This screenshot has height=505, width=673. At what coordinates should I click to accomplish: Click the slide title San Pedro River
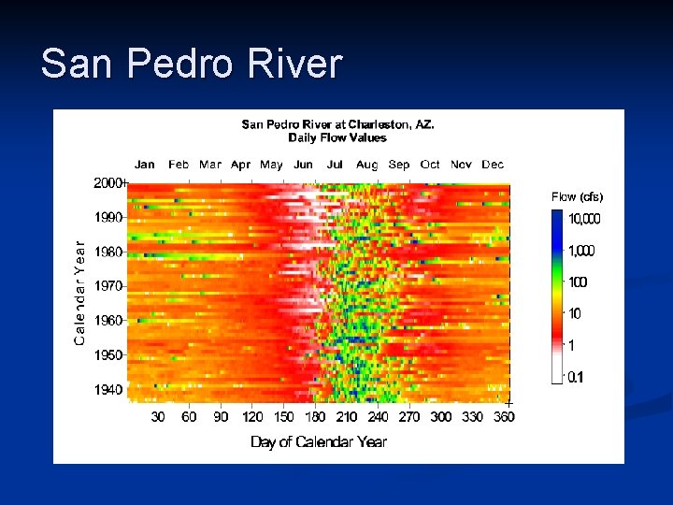click(x=192, y=65)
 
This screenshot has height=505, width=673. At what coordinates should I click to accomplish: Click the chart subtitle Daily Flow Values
click(x=337, y=137)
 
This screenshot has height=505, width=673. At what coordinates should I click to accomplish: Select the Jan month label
click(x=145, y=165)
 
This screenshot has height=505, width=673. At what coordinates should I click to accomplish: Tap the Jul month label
click(x=335, y=165)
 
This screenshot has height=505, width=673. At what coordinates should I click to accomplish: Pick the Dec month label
click(x=493, y=165)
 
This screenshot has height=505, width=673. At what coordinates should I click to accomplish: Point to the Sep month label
click(x=398, y=165)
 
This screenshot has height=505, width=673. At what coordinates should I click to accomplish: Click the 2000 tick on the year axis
click(x=108, y=183)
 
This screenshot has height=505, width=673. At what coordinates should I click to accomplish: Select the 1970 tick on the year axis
click(x=108, y=285)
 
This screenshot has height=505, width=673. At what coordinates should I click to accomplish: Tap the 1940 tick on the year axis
click(x=108, y=389)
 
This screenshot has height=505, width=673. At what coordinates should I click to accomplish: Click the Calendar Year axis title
click(x=79, y=293)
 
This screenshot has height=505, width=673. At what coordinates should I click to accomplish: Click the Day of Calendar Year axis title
click(x=319, y=441)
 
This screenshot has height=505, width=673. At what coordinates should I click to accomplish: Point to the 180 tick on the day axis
click(x=316, y=417)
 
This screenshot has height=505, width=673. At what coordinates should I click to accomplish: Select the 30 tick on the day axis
click(x=158, y=417)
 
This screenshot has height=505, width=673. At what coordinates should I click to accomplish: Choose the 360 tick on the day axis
click(x=504, y=417)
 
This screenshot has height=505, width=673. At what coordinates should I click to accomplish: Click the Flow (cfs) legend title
click(x=577, y=196)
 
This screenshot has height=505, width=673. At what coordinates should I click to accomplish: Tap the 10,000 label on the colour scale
click(x=585, y=219)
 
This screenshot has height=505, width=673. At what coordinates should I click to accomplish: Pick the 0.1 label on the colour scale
click(x=578, y=377)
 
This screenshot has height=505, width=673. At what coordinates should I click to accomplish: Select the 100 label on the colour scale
click(x=578, y=282)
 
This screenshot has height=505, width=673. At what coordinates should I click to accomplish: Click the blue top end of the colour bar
click(x=558, y=217)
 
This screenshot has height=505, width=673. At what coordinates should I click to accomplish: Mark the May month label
click(x=271, y=165)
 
